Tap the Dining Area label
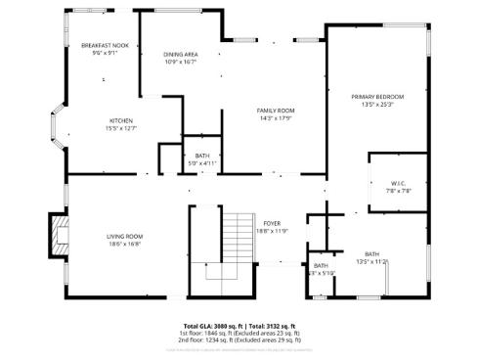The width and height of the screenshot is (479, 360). coord(180,54)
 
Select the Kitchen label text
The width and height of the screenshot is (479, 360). coord(122,119)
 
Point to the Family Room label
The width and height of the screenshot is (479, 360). coord(276,111)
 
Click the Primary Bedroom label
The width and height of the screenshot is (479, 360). coord(377,97)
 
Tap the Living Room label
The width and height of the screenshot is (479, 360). coord(125,236)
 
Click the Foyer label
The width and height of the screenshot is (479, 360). coord(272,224)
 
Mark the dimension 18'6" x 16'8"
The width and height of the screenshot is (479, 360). coord(125,244)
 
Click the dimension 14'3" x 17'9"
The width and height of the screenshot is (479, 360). coord(276,118)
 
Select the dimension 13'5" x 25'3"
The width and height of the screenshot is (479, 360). coord(377,105)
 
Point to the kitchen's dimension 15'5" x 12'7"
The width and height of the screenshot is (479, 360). coord(122,127)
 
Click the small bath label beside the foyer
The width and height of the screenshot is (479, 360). coord(321,265)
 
